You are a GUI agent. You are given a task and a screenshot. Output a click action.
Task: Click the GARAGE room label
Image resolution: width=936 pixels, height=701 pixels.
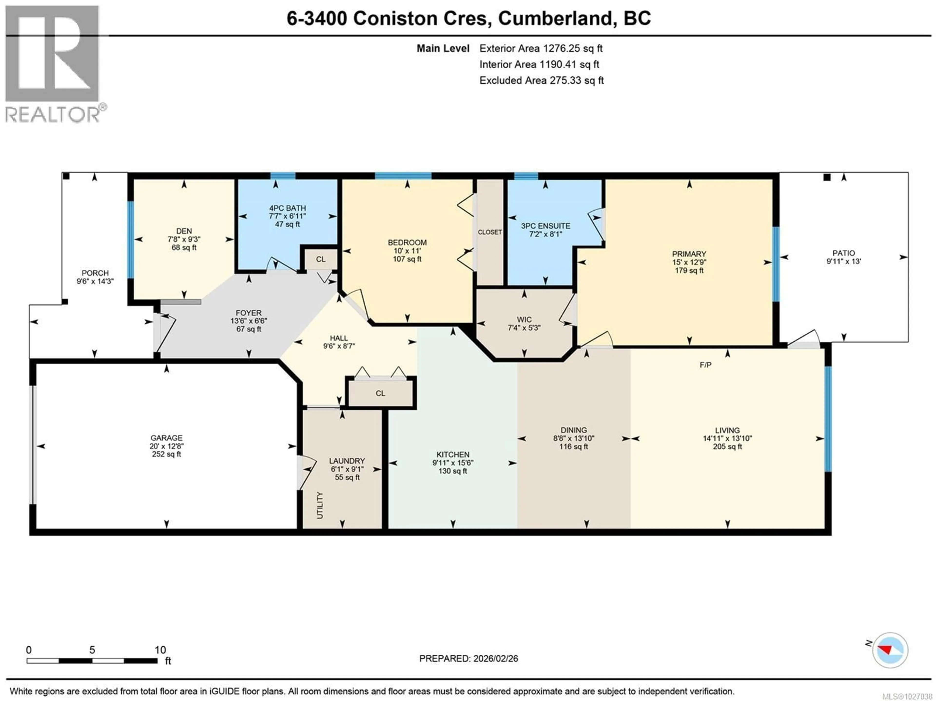click(166, 438)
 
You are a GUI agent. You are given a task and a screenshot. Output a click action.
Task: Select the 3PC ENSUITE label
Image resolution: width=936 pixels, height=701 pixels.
click(546, 226)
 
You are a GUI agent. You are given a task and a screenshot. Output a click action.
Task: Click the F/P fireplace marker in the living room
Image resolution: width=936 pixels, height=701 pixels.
click(705, 365)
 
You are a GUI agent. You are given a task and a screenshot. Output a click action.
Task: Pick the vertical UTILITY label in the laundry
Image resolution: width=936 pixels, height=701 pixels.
click(320, 505)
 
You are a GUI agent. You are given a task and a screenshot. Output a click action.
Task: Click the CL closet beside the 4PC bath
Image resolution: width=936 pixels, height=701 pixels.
click(321, 259)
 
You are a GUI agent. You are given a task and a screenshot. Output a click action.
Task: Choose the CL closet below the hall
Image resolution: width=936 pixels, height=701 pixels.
click(380, 393)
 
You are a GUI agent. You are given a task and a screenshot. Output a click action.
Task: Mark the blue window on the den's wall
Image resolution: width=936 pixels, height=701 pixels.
click(131, 239)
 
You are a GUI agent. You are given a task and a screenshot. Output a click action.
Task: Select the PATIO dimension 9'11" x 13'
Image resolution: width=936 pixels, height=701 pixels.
click(843, 261)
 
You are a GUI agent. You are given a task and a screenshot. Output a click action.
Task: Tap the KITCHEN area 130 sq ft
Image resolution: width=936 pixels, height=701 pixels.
click(453, 471)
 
